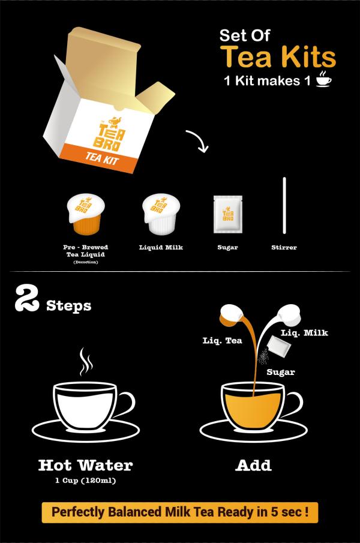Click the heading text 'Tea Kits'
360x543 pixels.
(278, 56)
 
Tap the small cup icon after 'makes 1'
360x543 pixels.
(323, 80)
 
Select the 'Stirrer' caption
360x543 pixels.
(284, 247)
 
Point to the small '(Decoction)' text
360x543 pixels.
(85, 262)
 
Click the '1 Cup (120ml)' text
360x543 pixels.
(85, 481)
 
